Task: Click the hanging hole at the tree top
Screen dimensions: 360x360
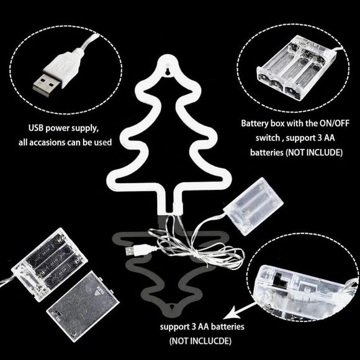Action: (169, 71)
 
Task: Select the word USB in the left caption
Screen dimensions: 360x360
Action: (36, 128)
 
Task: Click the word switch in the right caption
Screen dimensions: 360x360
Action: (268, 138)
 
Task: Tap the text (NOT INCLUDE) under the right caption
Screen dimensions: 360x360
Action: (314, 152)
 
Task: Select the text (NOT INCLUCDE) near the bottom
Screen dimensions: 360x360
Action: (200, 341)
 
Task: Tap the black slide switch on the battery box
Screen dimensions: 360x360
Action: (281, 281)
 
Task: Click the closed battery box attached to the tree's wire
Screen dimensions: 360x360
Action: (253, 206)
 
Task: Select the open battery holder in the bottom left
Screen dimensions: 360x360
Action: (50, 264)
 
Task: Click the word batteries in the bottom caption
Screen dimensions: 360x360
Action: (228, 326)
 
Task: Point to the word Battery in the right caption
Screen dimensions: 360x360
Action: (255, 124)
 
